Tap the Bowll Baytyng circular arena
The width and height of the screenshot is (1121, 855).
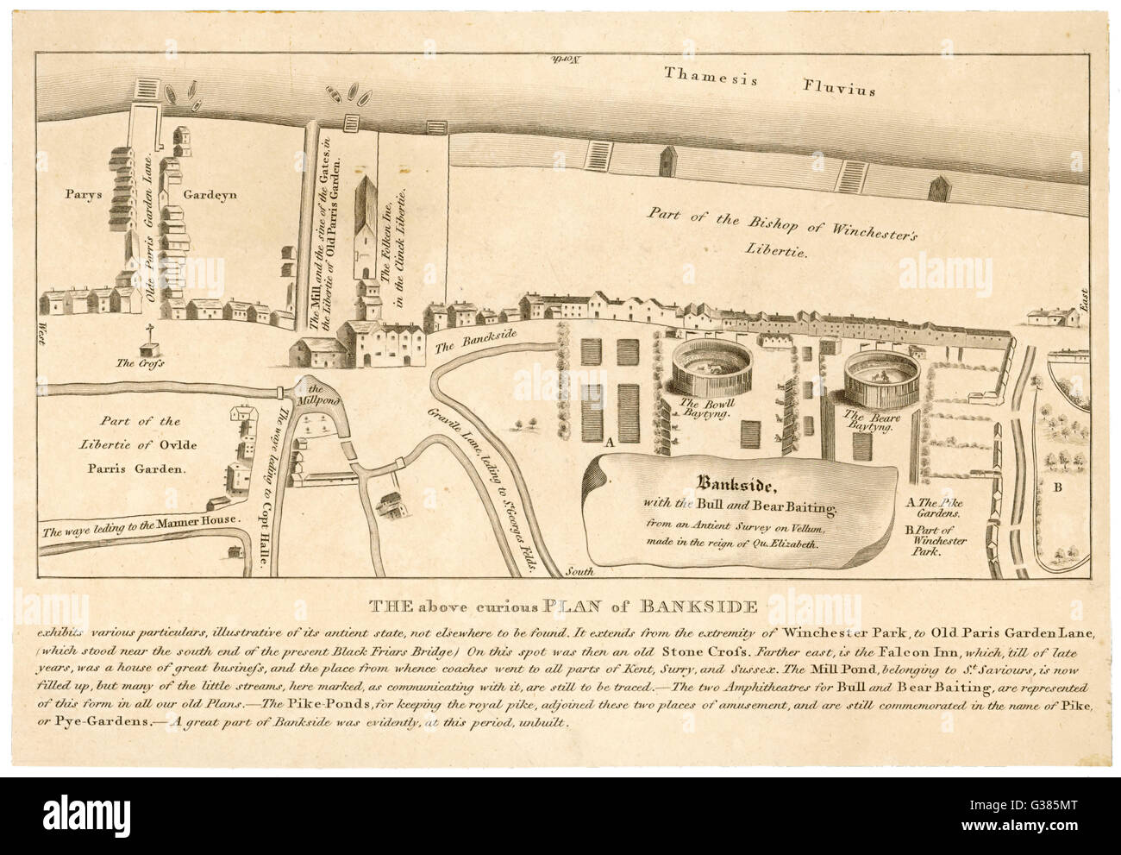706,366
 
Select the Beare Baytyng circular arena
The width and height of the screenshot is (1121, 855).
879,374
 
